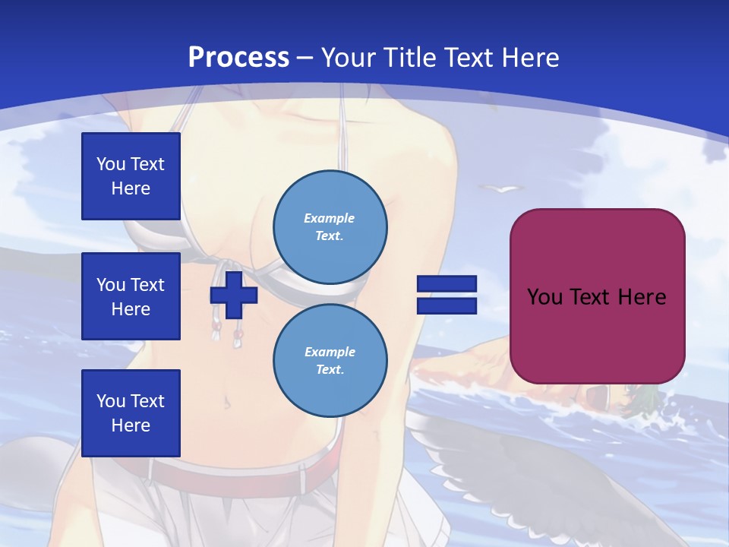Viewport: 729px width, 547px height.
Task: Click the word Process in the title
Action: [238, 58]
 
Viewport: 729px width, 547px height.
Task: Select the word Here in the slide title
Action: [528, 58]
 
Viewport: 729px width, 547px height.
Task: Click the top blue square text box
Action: [131, 176]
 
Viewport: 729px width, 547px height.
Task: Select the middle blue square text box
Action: [131, 296]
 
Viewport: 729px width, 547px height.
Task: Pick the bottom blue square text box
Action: [131, 413]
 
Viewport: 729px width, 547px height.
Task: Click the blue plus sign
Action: [234, 295]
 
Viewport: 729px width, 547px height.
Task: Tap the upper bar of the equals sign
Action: [447, 284]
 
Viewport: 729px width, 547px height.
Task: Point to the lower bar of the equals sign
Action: [447, 306]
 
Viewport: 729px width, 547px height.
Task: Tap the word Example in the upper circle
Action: [330, 218]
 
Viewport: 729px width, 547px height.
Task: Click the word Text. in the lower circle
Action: [330, 370]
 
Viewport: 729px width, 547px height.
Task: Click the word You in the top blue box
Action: [110, 164]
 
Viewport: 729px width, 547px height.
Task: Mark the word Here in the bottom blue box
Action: [131, 425]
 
